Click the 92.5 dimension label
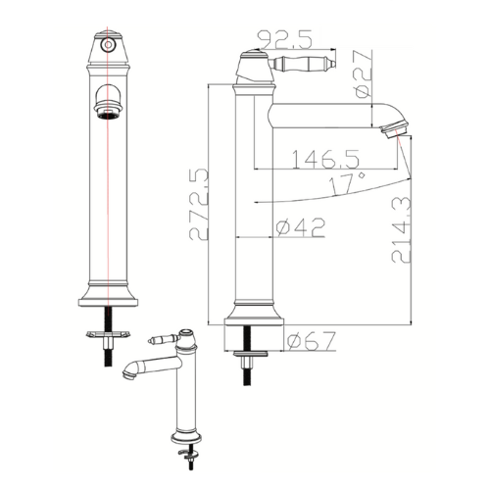(286, 39)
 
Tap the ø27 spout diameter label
(364, 73)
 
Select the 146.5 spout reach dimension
(325, 159)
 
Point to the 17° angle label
(347, 183)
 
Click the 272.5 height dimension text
(198, 205)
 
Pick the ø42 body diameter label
(301, 227)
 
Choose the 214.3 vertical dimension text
(401, 229)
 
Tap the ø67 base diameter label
(312, 341)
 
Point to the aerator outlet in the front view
(108, 115)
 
